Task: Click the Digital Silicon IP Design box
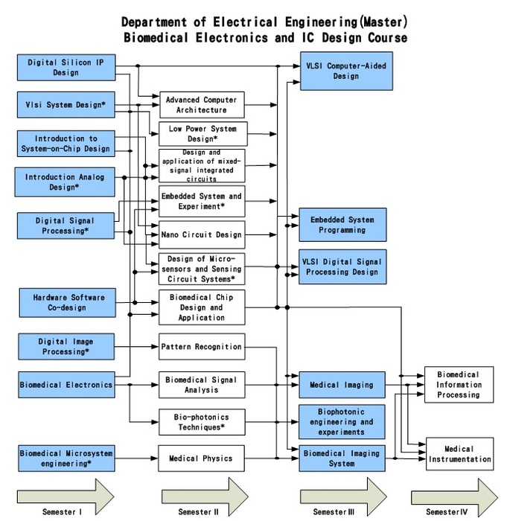[x=66, y=68]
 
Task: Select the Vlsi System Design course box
[x=66, y=105]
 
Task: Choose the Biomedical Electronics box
[x=66, y=385]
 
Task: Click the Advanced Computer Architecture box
[x=202, y=105]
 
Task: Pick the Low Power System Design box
[x=202, y=134]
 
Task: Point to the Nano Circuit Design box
[x=202, y=235]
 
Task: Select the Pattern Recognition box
[x=202, y=347]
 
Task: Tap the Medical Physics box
[x=202, y=458]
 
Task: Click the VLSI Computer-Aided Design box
[x=343, y=71]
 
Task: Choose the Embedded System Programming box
[x=343, y=226]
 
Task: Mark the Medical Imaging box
[x=343, y=385]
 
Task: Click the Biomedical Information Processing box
[x=459, y=385]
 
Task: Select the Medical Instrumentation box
[x=459, y=454]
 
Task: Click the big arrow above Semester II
[x=205, y=492]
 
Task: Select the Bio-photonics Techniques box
[x=202, y=422]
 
